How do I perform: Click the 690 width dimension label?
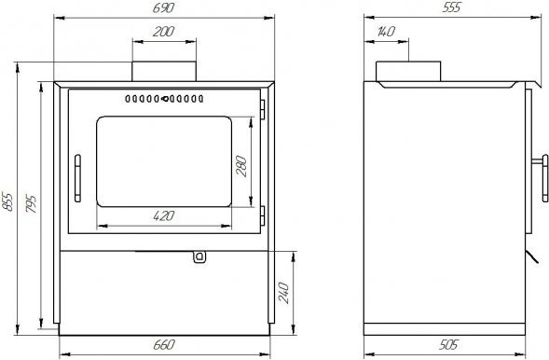(163, 8)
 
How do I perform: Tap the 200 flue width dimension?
(163, 32)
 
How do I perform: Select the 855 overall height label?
(7, 201)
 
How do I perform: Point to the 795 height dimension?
(31, 204)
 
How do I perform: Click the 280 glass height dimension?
(241, 166)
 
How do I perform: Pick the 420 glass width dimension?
(163, 215)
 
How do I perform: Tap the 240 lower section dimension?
(283, 293)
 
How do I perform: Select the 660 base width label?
(163, 345)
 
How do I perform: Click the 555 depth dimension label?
(451, 7)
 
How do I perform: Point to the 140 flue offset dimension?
(386, 32)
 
